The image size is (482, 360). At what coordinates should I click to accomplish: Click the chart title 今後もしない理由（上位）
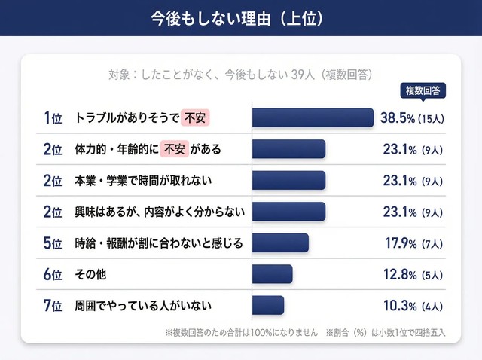240,18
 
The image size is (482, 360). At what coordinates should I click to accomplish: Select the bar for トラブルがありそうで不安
313,118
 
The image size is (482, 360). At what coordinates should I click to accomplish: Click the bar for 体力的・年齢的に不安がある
288,149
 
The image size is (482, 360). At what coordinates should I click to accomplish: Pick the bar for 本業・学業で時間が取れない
288,180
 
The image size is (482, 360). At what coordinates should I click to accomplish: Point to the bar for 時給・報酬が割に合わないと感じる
280,243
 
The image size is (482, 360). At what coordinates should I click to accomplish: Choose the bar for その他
272,274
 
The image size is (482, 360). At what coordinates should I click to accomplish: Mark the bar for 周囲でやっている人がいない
268,305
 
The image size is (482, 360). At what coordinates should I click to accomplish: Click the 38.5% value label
400,118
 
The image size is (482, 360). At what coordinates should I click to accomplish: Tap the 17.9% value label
400,243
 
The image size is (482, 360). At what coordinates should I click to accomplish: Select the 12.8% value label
400,274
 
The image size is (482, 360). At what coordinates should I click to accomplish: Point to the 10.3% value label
400,305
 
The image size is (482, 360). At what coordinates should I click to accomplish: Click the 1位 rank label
52,118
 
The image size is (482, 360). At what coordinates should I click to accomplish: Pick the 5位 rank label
52,243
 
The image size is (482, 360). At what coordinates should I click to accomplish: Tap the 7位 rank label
52,305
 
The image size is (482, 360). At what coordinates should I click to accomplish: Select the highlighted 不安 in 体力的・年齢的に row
177,149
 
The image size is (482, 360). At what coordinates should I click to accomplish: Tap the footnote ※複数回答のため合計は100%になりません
241,332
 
